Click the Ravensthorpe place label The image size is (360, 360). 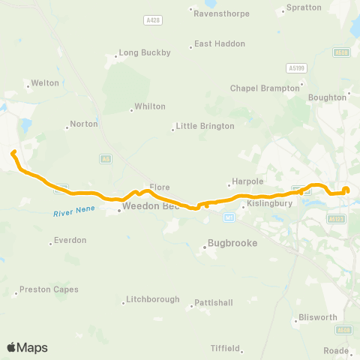[215, 13]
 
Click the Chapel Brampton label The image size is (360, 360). [259, 88]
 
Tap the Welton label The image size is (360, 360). [44, 83]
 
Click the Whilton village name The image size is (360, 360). [149, 106]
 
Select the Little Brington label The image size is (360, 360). [205, 126]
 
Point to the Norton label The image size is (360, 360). [84, 124]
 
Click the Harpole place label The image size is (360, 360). [245, 181]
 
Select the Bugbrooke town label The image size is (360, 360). [231, 244]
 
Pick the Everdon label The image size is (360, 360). [70, 241]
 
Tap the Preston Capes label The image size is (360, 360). [49, 289]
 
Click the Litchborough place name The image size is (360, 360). [153, 299]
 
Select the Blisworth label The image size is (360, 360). [318, 317]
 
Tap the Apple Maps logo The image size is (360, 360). [27, 347]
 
